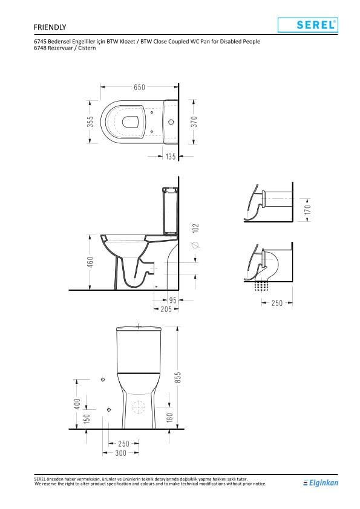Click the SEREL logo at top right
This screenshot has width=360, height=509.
[308, 25]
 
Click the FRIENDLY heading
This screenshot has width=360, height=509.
[50, 27]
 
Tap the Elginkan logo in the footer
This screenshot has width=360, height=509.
[320, 483]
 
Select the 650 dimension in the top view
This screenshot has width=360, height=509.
[139, 87]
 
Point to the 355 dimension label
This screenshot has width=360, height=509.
[91, 122]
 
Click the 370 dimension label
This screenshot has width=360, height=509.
[194, 122]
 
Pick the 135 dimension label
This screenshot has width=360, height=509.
[171, 157]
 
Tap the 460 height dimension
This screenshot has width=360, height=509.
[90, 262]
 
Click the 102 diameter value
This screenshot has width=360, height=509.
[195, 229]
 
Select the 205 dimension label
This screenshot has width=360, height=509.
[166, 309]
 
